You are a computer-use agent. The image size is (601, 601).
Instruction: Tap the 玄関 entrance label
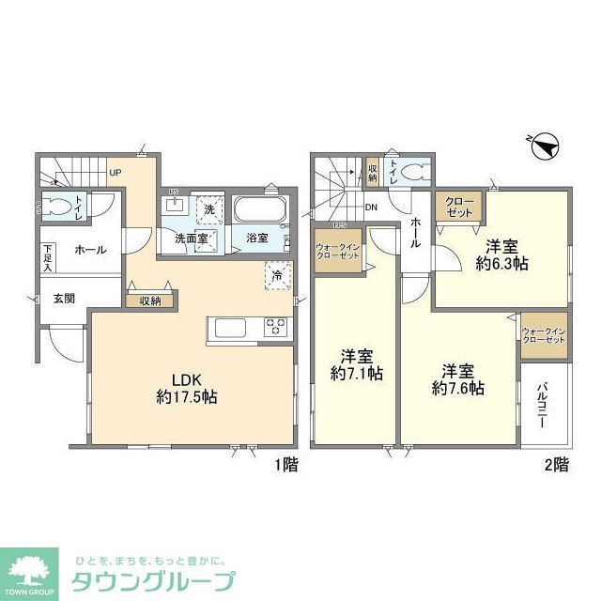click(64, 300)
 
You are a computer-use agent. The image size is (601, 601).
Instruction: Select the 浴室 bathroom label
click(257, 239)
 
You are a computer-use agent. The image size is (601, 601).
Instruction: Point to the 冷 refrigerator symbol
click(278, 276)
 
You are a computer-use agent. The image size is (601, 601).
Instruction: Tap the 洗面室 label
click(191, 239)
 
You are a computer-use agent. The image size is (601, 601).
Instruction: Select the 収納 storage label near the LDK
click(150, 301)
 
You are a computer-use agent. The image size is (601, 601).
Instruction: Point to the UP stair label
click(115, 173)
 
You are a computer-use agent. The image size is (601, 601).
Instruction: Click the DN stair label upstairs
click(371, 208)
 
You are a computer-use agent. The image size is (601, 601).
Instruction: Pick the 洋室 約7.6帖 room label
click(457, 378)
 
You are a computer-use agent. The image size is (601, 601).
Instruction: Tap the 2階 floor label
click(555, 464)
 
